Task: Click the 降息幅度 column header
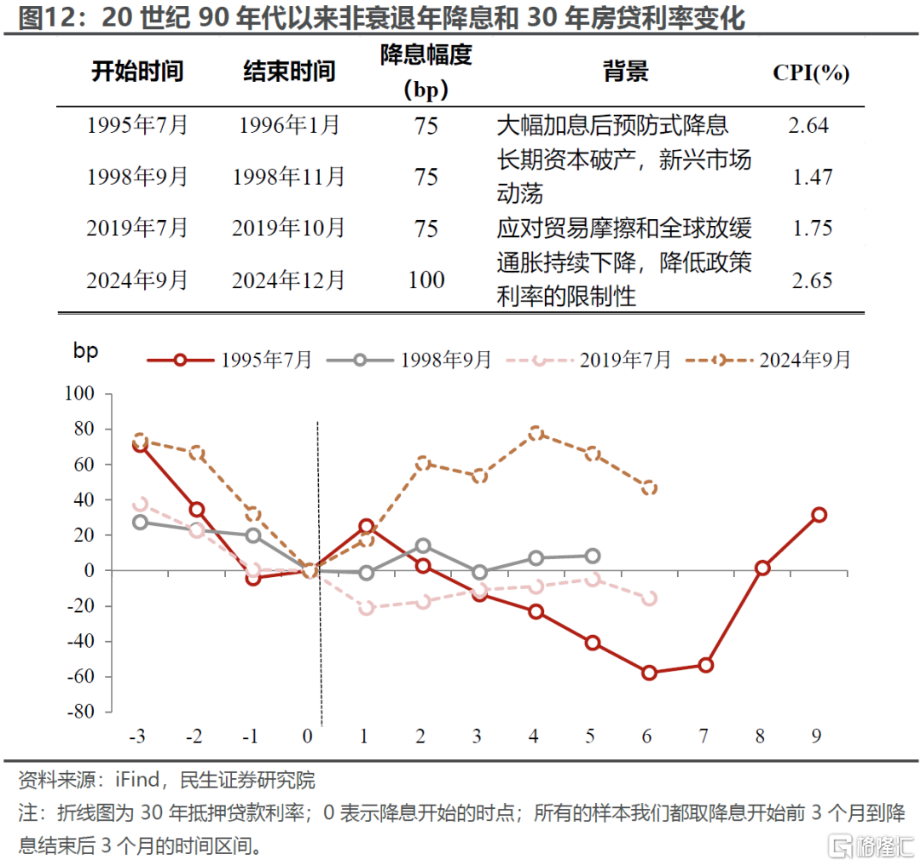click(426, 70)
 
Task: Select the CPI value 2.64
click(808, 126)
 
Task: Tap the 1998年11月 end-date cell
click(288, 177)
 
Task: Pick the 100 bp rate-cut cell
click(426, 280)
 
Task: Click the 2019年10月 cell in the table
click(288, 228)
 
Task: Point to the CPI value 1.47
click(811, 177)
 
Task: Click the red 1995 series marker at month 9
click(819, 515)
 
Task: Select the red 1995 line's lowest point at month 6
click(650, 673)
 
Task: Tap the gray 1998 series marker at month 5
click(593, 556)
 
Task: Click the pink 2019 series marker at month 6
click(650, 598)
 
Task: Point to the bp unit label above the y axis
click(86, 351)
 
